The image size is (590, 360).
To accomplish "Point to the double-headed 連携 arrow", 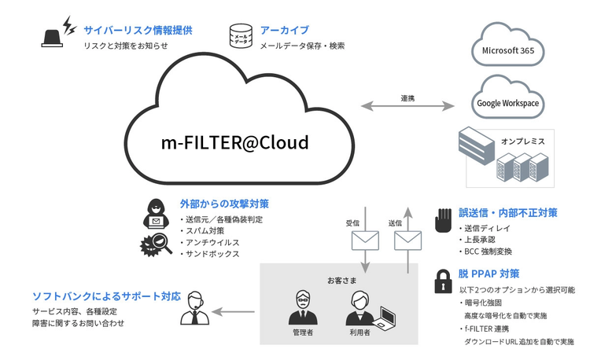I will (407, 107).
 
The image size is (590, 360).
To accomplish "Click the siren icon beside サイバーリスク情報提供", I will (53, 35).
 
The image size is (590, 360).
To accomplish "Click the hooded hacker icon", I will (156, 215).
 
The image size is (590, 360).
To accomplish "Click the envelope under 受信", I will (364, 239).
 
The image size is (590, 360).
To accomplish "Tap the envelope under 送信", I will (407, 239).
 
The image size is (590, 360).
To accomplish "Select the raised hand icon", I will (442, 219).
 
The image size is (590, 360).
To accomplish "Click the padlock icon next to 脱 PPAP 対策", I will (442, 281).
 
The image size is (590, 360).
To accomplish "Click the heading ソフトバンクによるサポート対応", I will (106, 297).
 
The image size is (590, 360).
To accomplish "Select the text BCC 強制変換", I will (488, 252).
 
